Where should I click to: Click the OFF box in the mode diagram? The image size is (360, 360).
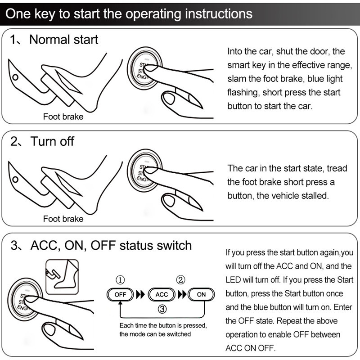[120, 295]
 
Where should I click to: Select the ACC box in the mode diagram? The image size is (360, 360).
[162, 295]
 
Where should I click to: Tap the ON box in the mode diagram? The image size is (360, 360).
[201, 295]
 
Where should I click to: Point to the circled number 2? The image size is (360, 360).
[181, 280]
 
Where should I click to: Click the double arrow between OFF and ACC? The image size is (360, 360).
[140, 295]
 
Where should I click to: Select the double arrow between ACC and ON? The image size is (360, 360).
[182, 295]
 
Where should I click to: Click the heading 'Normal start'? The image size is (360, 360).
[63, 40]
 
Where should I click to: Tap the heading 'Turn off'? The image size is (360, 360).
[52, 141]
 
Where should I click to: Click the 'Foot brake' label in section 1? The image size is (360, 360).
[63, 117]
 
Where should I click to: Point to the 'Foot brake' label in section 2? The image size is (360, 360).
[63, 219]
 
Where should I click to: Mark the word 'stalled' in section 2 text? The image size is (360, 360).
[314, 197]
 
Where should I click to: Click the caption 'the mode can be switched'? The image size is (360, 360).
[155, 334]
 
